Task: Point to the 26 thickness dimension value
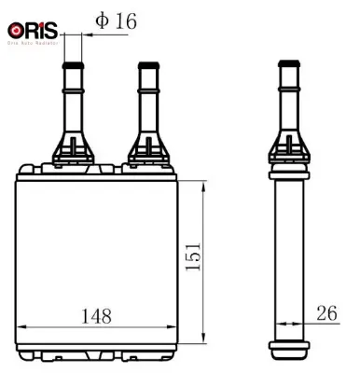(327, 313)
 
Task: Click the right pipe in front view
(145, 103)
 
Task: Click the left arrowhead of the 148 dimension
(21, 327)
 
